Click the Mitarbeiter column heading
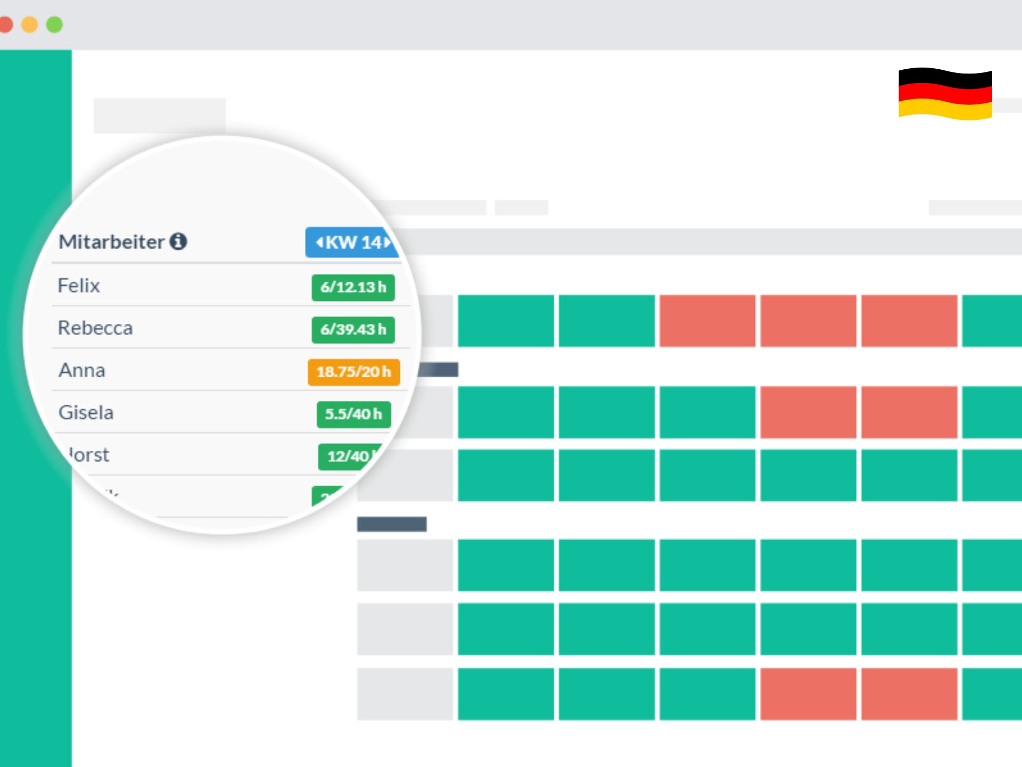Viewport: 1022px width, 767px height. (x=111, y=242)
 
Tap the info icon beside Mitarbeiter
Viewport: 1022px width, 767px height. (x=178, y=241)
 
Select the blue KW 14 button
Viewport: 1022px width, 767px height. (x=352, y=243)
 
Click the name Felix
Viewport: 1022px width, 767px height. (x=79, y=286)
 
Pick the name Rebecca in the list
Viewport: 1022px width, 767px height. (x=95, y=328)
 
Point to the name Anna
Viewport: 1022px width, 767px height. (x=82, y=370)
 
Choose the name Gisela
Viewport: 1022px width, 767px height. (x=86, y=413)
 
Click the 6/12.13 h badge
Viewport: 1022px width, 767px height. (x=353, y=288)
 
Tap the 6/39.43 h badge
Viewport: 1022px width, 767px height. (x=353, y=330)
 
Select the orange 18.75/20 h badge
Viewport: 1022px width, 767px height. (x=353, y=372)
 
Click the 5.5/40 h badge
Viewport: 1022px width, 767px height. (x=353, y=414)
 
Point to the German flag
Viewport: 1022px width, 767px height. (x=945, y=94)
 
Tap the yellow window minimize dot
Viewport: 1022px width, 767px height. (x=30, y=25)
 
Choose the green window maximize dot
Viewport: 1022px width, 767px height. (x=54, y=25)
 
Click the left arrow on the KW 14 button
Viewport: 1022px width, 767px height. (x=319, y=243)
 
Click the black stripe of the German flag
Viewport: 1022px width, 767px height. (x=945, y=78)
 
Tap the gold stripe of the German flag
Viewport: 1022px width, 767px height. (x=945, y=110)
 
